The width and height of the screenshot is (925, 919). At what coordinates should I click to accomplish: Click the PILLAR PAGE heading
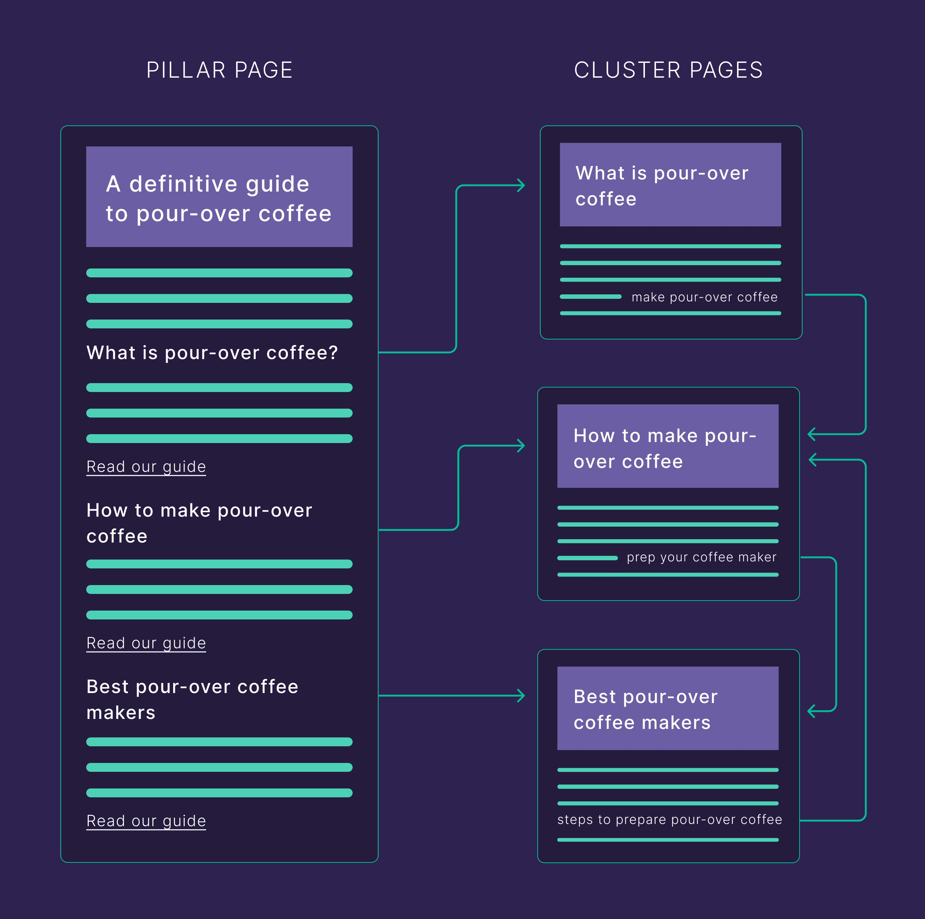[219, 70]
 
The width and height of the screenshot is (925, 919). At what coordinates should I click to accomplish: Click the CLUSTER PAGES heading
[668, 70]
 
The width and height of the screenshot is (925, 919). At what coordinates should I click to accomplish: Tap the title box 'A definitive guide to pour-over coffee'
[219, 197]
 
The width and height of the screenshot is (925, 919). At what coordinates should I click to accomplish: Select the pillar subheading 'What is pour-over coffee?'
[212, 353]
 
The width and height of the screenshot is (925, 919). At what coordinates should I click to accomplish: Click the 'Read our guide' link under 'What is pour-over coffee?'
[146, 466]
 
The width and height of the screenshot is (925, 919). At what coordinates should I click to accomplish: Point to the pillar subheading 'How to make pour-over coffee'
[199, 523]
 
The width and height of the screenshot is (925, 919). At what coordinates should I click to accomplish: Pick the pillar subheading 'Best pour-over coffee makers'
[192, 699]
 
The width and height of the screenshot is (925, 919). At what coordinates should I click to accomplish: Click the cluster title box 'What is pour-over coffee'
[670, 185]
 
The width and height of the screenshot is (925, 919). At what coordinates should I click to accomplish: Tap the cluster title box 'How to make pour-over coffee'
[667, 446]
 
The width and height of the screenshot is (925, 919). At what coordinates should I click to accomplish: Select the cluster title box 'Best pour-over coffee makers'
[667, 709]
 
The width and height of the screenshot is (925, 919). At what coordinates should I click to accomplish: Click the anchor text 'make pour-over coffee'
[704, 297]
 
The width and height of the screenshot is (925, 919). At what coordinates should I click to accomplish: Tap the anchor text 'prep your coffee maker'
[702, 557]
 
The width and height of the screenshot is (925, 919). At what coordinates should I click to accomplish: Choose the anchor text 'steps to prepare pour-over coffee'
[669, 820]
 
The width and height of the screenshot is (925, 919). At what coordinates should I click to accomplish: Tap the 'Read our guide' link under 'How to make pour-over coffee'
[146, 643]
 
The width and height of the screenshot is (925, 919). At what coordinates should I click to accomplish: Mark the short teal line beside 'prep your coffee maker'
[588, 558]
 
